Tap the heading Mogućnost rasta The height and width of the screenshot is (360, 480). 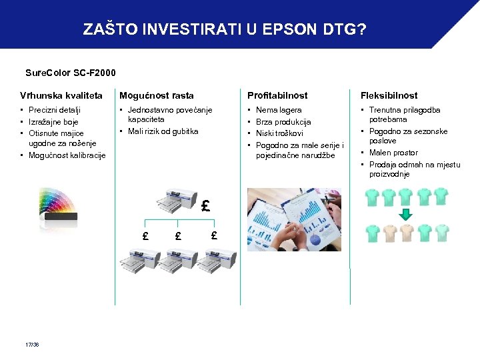(157, 95)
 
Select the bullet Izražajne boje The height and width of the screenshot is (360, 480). (54, 122)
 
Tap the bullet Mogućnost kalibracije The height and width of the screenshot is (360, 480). (67, 155)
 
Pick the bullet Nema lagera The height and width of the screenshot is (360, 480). (279, 110)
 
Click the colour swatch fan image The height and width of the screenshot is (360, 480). (60, 203)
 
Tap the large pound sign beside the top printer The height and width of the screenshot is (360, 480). (206, 206)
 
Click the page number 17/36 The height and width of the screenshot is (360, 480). (32, 345)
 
